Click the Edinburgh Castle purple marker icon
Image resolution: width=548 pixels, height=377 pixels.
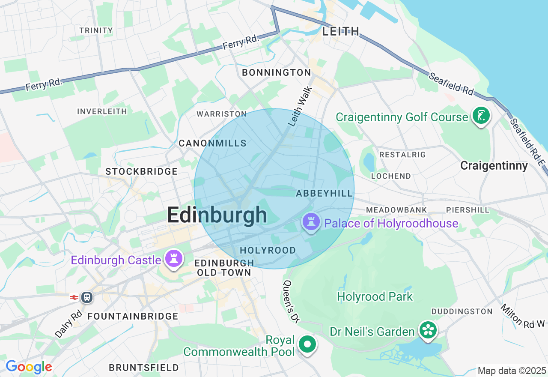click(174, 259)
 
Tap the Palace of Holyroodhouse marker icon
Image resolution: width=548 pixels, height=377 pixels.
click(311, 222)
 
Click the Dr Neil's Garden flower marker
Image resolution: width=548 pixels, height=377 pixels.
click(428, 330)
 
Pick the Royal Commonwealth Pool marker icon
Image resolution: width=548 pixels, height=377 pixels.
click(307, 344)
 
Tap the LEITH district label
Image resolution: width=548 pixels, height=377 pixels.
click(340, 31)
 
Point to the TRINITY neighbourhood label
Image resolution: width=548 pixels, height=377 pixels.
click(96, 30)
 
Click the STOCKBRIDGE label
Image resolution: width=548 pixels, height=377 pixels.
click(141, 171)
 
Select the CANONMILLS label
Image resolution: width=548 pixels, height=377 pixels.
click(212, 143)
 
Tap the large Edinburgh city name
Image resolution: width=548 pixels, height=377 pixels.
click(217, 215)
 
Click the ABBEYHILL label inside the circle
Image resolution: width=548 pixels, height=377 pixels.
click(325, 194)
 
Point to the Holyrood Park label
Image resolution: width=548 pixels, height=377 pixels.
click(375, 296)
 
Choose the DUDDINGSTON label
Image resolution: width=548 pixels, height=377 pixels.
click(462, 311)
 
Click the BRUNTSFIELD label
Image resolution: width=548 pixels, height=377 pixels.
click(144, 368)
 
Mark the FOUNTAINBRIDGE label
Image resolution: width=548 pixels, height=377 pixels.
click(133, 316)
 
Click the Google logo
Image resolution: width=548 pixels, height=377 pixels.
click(29, 367)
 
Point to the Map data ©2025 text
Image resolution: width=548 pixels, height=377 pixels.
click(512, 371)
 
